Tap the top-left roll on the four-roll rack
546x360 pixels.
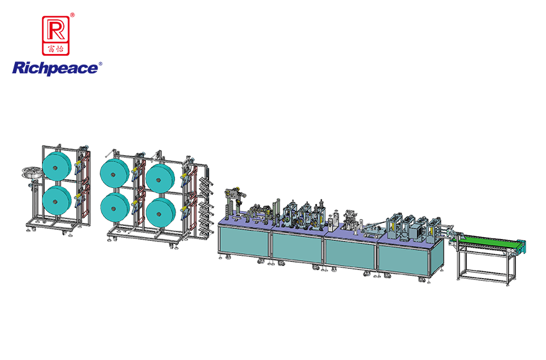click(x=116, y=171)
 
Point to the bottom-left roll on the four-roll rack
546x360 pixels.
click(x=116, y=206)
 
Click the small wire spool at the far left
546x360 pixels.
click(x=29, y=174)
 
